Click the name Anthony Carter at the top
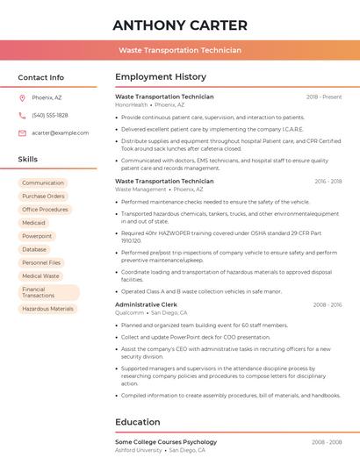[180, 25]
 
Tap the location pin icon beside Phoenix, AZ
[22, 98]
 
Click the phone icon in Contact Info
[22, 115]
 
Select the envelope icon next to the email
[22, 132]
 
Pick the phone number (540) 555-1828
[50, 115]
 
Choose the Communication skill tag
[43, 183]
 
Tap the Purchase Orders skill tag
[44, 197]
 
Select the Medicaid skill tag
[34, 223]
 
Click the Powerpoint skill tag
[37, 236]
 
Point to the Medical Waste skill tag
[41, 275]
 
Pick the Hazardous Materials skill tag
[48, 309]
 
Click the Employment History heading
[161, 77]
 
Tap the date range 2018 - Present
[324, 97]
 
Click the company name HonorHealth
[132, 104]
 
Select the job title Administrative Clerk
[146, 304]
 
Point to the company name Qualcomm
[129, 312]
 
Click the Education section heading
[138, 422]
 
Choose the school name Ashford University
[139, 450]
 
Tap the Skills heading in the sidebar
[28, 160]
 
